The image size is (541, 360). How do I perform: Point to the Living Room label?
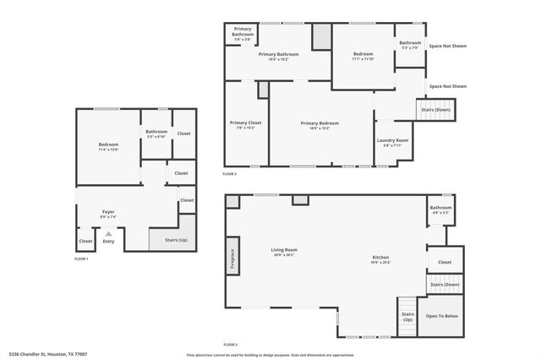point(284,251)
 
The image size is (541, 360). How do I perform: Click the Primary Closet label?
point(245,124)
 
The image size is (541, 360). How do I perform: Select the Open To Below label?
point(442,316)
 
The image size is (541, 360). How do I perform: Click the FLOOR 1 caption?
point(81,259)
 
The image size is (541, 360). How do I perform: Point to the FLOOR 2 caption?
point(230,345)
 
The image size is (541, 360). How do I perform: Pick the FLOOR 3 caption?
point(230,173)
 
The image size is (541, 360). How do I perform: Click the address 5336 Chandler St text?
point(48,355)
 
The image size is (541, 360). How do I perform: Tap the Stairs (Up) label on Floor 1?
point(177,241)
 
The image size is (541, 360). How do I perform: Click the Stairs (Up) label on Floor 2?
point(407,317)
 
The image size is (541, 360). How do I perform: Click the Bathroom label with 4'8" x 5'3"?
point(440,210)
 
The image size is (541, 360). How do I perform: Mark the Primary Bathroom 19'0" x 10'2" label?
point(278,56)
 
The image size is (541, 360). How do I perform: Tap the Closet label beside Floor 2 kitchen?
point(445,261)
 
